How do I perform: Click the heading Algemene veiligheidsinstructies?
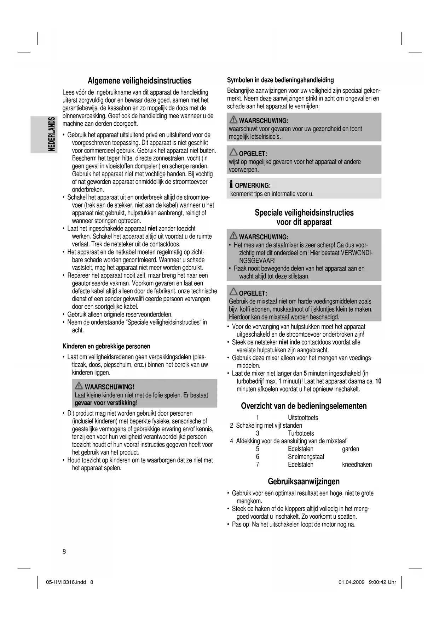pos(139,81)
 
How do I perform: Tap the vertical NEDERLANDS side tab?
pos(52,134)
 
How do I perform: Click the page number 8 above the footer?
pos(64,551)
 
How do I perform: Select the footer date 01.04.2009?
pos(351,582)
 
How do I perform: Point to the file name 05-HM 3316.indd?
pos(66,582)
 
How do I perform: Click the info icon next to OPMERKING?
pos(231,184)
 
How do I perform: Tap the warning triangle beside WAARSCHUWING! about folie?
pos(79,386)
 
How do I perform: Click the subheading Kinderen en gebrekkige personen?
pos(106,346)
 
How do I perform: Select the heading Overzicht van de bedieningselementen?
pos(304,406)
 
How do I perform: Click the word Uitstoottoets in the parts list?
pos(303,418)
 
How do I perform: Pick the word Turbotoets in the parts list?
pos(301,433)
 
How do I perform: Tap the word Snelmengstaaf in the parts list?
pos(306,457)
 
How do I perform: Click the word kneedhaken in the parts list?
pos(357,465)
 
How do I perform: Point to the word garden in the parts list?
pos(350,449)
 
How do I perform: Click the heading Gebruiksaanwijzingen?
pos(304,482)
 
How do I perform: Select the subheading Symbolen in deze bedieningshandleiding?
pos(280,80)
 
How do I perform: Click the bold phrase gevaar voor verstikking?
pos(105,403)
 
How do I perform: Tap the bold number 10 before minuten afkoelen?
pos(378,381)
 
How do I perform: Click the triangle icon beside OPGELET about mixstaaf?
pos(233,292)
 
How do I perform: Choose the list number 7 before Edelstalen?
pos(258,465)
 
